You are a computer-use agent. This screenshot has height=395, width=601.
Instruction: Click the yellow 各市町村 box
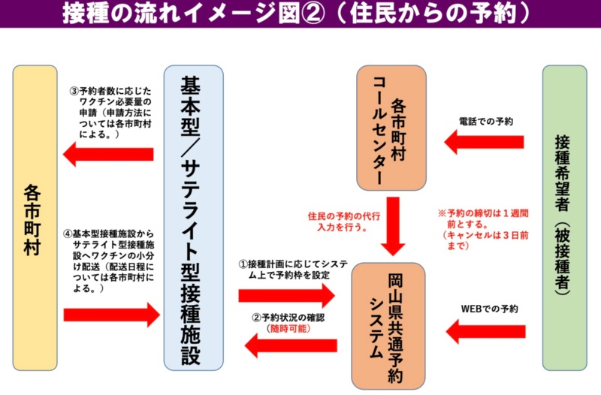point(35,218)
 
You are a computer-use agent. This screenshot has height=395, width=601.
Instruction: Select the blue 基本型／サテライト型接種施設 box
point(193,218)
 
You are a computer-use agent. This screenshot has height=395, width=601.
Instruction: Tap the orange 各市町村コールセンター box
point(390,128)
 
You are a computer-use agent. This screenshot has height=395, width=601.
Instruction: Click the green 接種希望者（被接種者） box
point(564,218)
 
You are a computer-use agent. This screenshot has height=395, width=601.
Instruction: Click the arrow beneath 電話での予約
point(484,140)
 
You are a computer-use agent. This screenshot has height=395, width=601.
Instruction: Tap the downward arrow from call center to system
point(390,226)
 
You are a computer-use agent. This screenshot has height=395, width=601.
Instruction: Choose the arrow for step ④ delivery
point(113,314)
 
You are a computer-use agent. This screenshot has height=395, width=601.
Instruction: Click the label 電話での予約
point(485,120)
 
